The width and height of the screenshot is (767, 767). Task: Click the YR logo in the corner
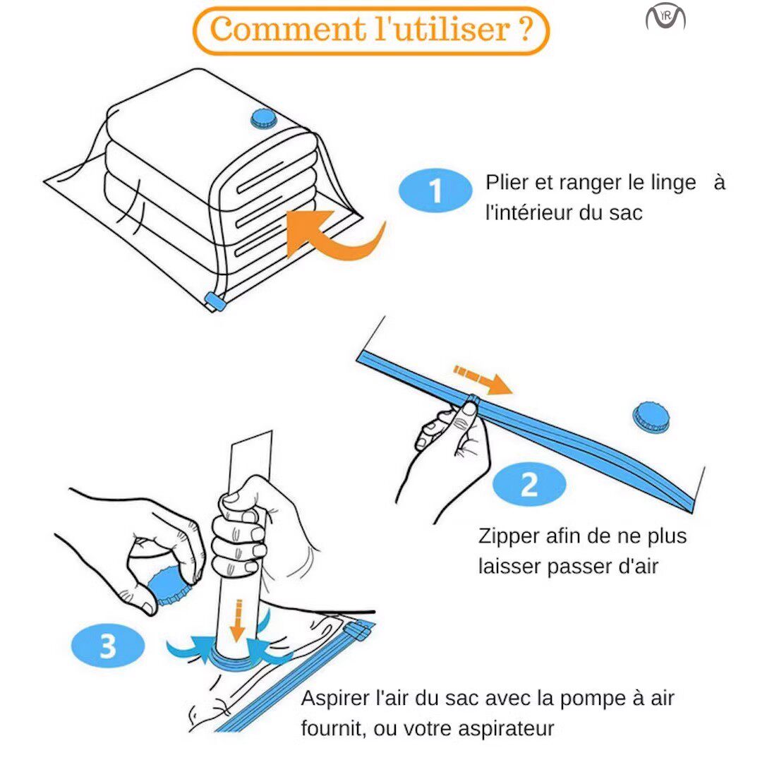[x=665, y=18]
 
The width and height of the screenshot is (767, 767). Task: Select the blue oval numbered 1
[x=435, y=191]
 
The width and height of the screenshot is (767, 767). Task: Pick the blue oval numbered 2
[x=529, y=484]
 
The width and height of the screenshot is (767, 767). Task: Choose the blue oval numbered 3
[x=108, y=646]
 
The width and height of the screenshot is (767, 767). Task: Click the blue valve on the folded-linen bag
[x=264, y=119]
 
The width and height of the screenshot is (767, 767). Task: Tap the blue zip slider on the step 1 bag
[x=215, y=301]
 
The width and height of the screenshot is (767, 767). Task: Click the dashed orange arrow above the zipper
[x=483, y=379]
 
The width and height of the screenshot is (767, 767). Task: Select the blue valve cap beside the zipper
[x=651, y=418]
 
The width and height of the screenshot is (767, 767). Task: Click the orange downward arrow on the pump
[x=238, y=620]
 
